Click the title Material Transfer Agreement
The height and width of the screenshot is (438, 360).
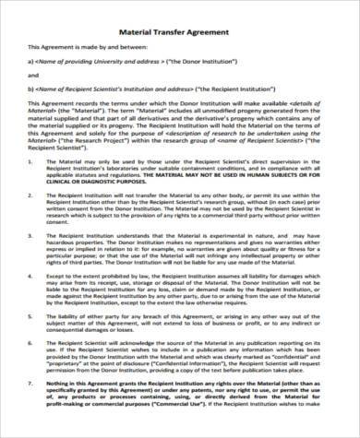click(x=179, y=27)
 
